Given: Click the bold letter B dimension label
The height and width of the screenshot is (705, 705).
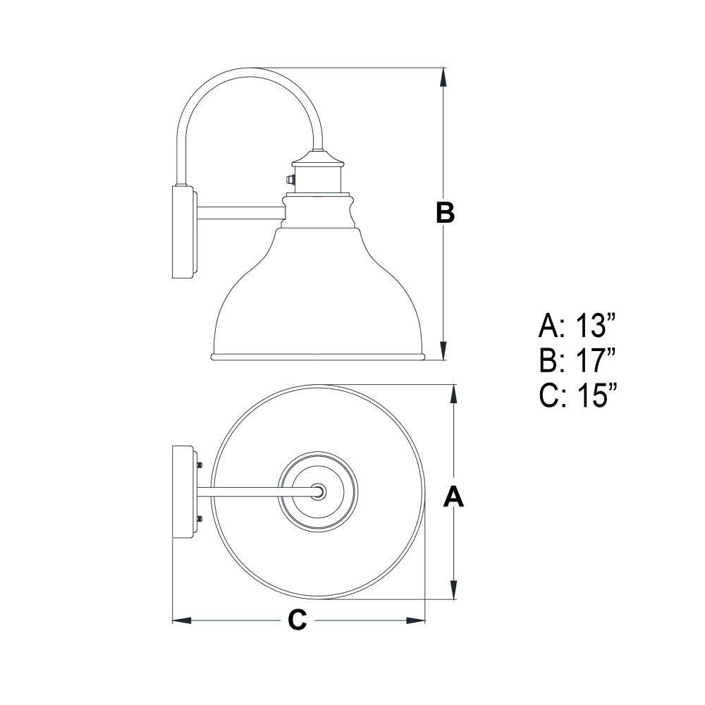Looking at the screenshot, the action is (445, 213).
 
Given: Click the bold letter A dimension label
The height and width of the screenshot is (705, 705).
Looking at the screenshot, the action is (453, 497).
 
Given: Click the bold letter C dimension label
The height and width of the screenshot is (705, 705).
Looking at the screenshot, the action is (298, 620).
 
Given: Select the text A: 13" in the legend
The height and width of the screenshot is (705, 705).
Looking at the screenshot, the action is (577, 326).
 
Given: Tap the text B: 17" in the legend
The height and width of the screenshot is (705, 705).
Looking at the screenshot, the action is (577, 360).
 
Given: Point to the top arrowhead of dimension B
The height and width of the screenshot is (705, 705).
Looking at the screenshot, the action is (444, 77).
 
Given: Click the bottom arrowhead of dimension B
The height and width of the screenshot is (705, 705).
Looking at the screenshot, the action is (444, 350).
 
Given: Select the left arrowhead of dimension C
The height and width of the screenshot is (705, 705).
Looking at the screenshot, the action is (182, 620).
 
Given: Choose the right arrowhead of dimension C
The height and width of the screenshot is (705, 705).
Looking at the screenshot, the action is (416, 620).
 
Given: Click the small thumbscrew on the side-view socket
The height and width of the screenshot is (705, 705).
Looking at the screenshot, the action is (290, 179).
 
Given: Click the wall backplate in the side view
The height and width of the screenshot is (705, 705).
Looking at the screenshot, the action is (184, 232).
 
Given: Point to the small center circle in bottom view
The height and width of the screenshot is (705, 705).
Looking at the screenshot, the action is (319, 491).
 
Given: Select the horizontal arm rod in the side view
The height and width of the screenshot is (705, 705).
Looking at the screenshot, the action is (240, 213).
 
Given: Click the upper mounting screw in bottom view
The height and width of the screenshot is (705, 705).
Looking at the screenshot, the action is (200, 465).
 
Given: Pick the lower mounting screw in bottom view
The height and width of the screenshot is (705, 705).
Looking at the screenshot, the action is (200, 518).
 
